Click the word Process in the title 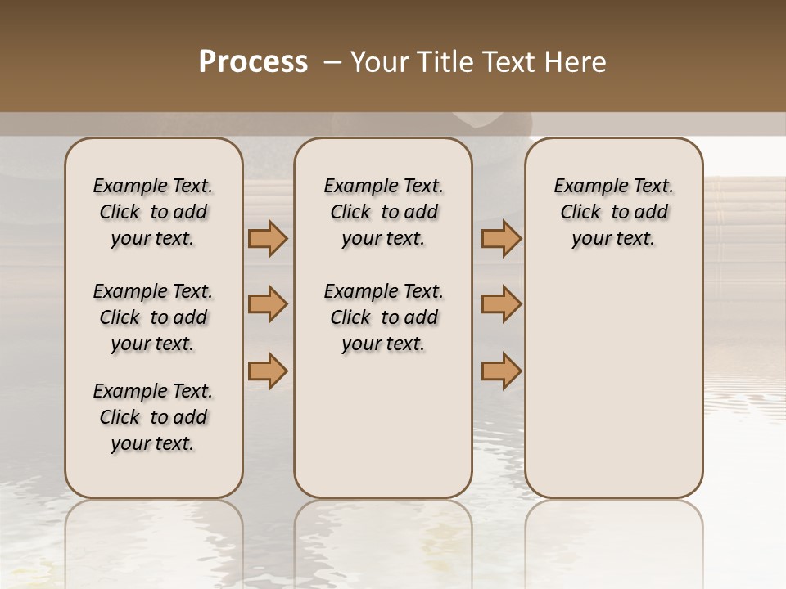[253, 62]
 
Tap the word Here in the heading [574, 62]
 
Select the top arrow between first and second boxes [268, 239]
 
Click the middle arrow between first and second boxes [268, 304]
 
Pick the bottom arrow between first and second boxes [268, 371]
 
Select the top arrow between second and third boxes [501, 239]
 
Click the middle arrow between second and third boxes [501, 304]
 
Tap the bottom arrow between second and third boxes [501, 371]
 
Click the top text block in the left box [153, 212]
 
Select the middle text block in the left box [153, 317]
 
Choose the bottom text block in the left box [153, 417]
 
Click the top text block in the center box [383, 212]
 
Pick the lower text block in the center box [383, 317]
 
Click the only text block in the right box [613, 212]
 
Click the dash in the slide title [332, 63]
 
